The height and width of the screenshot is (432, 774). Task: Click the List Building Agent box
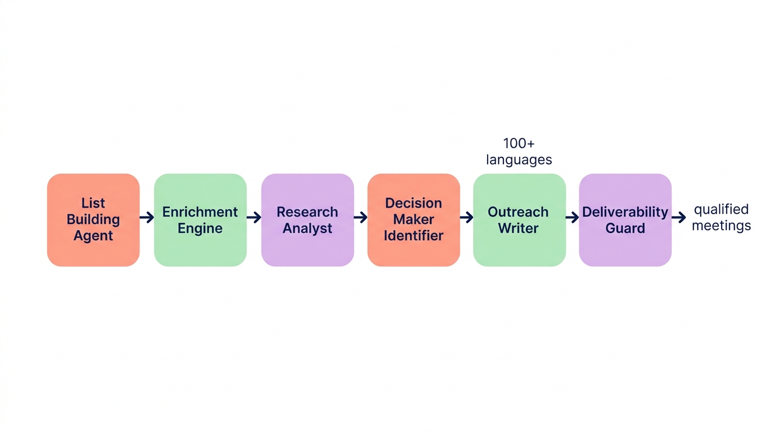tap(93, 220)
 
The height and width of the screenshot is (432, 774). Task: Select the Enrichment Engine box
tap(200, 220)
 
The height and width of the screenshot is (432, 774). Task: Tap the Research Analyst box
tap(308, 220)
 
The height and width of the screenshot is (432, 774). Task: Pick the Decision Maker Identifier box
tap(413, 220)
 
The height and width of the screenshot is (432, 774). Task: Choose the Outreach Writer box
tap(519, 220)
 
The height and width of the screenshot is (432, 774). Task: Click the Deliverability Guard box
tap(625, 220)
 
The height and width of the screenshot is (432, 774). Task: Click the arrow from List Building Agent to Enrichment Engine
tap(147, 217)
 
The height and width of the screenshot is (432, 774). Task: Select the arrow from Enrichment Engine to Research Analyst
tap(254, 217)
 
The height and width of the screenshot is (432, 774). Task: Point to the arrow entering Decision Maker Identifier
tap(361, 217)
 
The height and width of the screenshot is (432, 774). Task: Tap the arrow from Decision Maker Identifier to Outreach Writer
tap(466, 217)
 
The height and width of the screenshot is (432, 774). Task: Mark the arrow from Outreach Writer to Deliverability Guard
tap(572, 217)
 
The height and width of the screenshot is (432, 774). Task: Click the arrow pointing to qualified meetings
tap(679, 217)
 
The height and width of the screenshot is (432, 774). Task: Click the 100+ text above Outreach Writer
tap(519, 143)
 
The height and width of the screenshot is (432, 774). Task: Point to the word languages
tap(519, 160)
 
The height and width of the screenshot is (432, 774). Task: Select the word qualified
tap(722, 210)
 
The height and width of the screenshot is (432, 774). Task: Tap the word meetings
tap(722, 226)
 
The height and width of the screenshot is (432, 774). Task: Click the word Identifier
tap(413, 236)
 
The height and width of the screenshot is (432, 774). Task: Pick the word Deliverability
tap(625, 212)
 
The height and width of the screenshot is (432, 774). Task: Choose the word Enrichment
tap(200, 212)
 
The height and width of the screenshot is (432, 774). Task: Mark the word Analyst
tap(308, 228)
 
